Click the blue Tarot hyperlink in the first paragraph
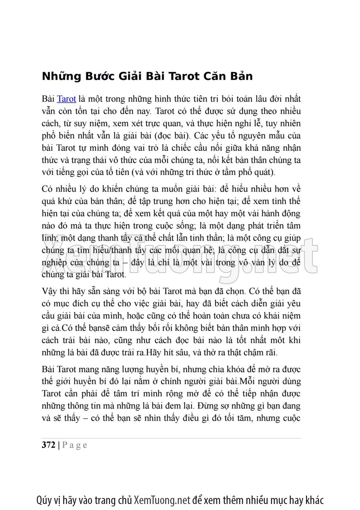(66, 99)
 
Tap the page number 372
(48, 445)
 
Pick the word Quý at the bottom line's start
(44, 500)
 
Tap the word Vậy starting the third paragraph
(49, 291)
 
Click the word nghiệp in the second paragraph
(53, 263)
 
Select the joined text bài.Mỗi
(236, 381)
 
